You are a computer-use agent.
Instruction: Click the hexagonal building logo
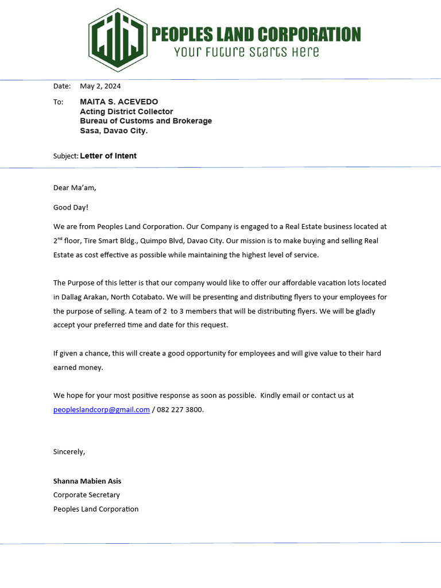coord(118,40)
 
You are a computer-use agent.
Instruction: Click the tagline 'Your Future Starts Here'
coord(246,52)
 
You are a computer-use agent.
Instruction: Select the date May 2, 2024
coord(100,86)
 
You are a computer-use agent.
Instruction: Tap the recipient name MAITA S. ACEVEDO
coord(119,102)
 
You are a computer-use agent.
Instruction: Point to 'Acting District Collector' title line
coord(126,111)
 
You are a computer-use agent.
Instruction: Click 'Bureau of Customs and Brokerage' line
coord(146,121)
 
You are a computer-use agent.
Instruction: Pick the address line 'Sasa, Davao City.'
coord(114,131)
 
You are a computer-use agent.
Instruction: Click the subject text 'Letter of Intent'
coord(108,156)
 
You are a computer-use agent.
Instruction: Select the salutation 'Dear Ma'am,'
coord(71,188)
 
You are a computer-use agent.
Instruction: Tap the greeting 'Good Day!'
coord(71,207)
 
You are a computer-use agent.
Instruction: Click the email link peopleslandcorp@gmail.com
coord(102,409)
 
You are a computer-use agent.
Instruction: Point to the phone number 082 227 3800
coord(180,409)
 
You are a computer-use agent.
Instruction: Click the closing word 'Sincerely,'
coord(69,451)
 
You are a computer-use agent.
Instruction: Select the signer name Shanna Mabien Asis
coord(87,481)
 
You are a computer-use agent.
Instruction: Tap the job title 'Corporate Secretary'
coord(87,495)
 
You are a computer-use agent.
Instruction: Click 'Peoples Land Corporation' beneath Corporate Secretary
coord(96,509)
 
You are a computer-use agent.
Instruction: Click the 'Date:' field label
coord(61,86)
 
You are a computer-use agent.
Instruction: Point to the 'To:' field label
coord(58,102)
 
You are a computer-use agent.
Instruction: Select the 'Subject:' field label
coord(65,156)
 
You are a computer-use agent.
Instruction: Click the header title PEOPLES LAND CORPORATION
coord(256,34)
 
